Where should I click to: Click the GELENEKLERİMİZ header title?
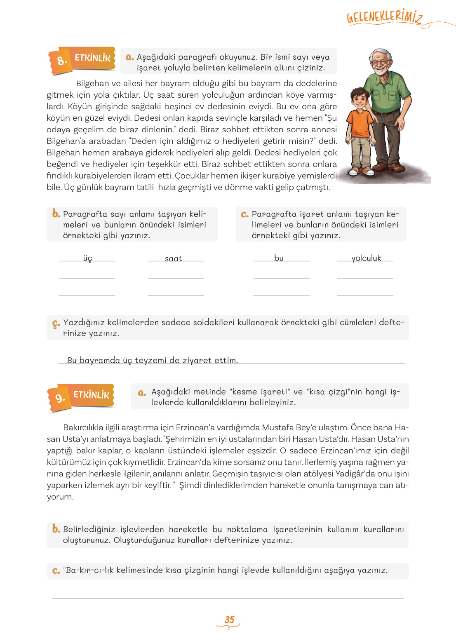384,17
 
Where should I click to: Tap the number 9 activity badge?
60,398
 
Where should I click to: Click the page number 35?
229,620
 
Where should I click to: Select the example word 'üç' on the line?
87,258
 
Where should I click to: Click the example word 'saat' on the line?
173,259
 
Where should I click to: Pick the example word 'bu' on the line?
279,258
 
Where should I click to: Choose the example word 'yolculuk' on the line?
366,258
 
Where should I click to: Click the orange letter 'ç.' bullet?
56,324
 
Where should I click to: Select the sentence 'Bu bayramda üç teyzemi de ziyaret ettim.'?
152,360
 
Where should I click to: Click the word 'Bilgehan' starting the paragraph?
92,83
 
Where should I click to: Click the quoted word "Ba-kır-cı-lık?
89,570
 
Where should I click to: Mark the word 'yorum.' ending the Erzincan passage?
60,497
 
